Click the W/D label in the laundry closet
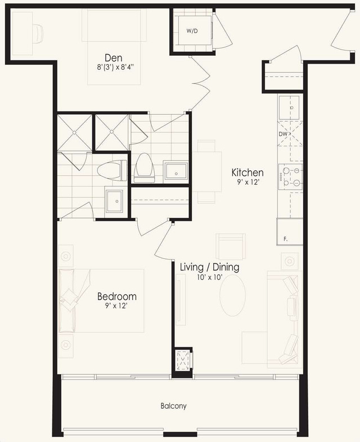(192, 31)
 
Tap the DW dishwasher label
(283, 134)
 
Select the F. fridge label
(285, 239)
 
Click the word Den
(114, 58)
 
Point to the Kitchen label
(247, 172)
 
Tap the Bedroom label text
(117, 296)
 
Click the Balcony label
(173, 406)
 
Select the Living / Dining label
(210, 267)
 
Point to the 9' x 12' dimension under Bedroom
(116, 306)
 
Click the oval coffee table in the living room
(233, 296)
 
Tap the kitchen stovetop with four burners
(290, 177)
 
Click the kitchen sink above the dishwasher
(290, 108)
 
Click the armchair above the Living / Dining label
(231, 247)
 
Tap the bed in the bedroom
(101, 301)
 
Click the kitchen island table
(207, 172)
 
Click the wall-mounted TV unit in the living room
(181, 300)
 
